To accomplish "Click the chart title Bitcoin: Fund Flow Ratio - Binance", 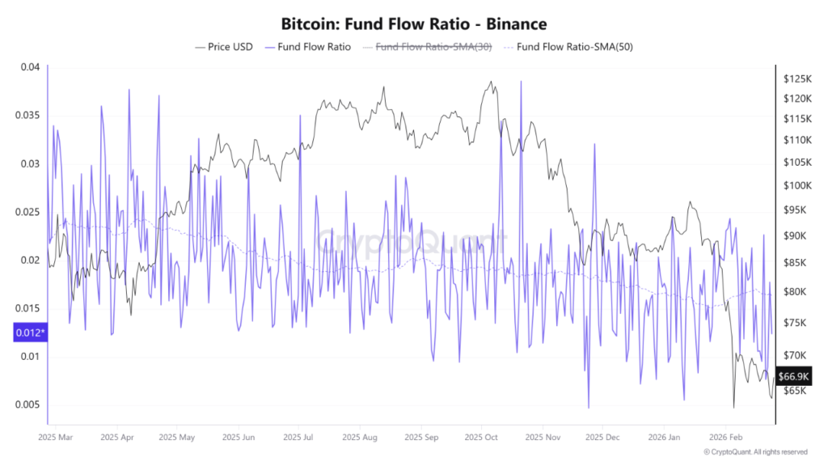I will (413, 24).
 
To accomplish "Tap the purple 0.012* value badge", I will (29, 332).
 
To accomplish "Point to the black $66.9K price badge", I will (792, 376).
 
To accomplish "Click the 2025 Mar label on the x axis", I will (55, 437).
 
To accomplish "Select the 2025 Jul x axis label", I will (298, 437).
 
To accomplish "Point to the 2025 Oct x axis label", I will (481, 437).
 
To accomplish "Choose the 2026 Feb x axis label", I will (724, 437).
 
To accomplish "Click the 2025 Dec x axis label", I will (602, 437).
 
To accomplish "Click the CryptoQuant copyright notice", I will (755, 452).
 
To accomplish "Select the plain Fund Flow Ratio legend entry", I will (313, 47).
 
